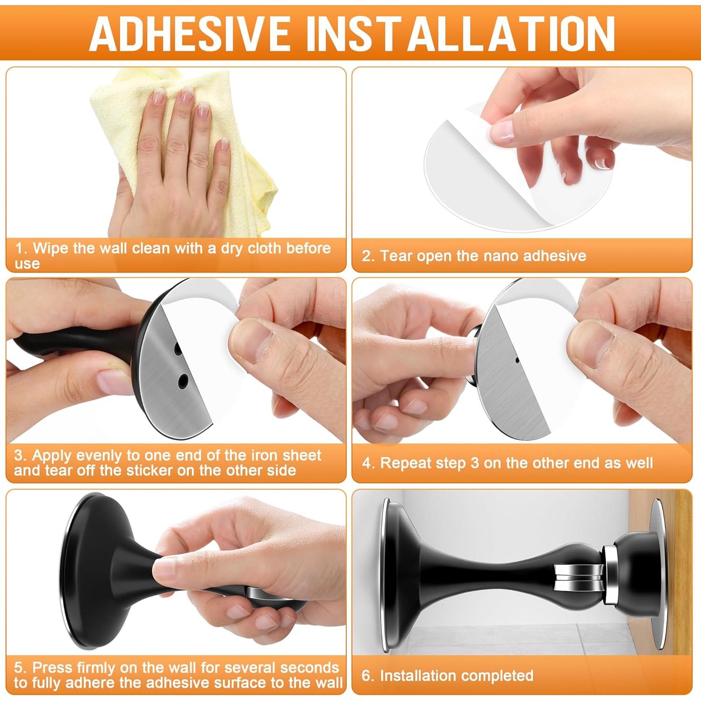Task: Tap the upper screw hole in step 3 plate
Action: tap(178, 349)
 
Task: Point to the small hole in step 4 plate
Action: tap(517, 360)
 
